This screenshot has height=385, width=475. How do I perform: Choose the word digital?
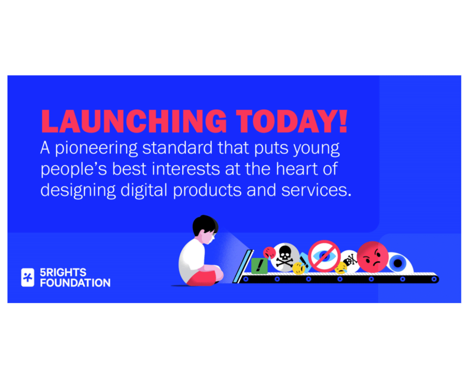coord(144,190)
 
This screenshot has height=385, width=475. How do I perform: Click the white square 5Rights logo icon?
coord(28,277)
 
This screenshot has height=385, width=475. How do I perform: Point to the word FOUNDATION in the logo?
coord(75,283)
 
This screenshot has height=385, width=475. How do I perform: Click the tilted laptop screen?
coord(242,266)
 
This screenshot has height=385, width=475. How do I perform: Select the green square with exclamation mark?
coord(259,266)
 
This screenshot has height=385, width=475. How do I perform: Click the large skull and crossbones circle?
coord(284,257)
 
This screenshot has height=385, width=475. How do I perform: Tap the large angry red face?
coord(372,257)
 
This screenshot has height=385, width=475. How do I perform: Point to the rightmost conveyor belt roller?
coord(434,279)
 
